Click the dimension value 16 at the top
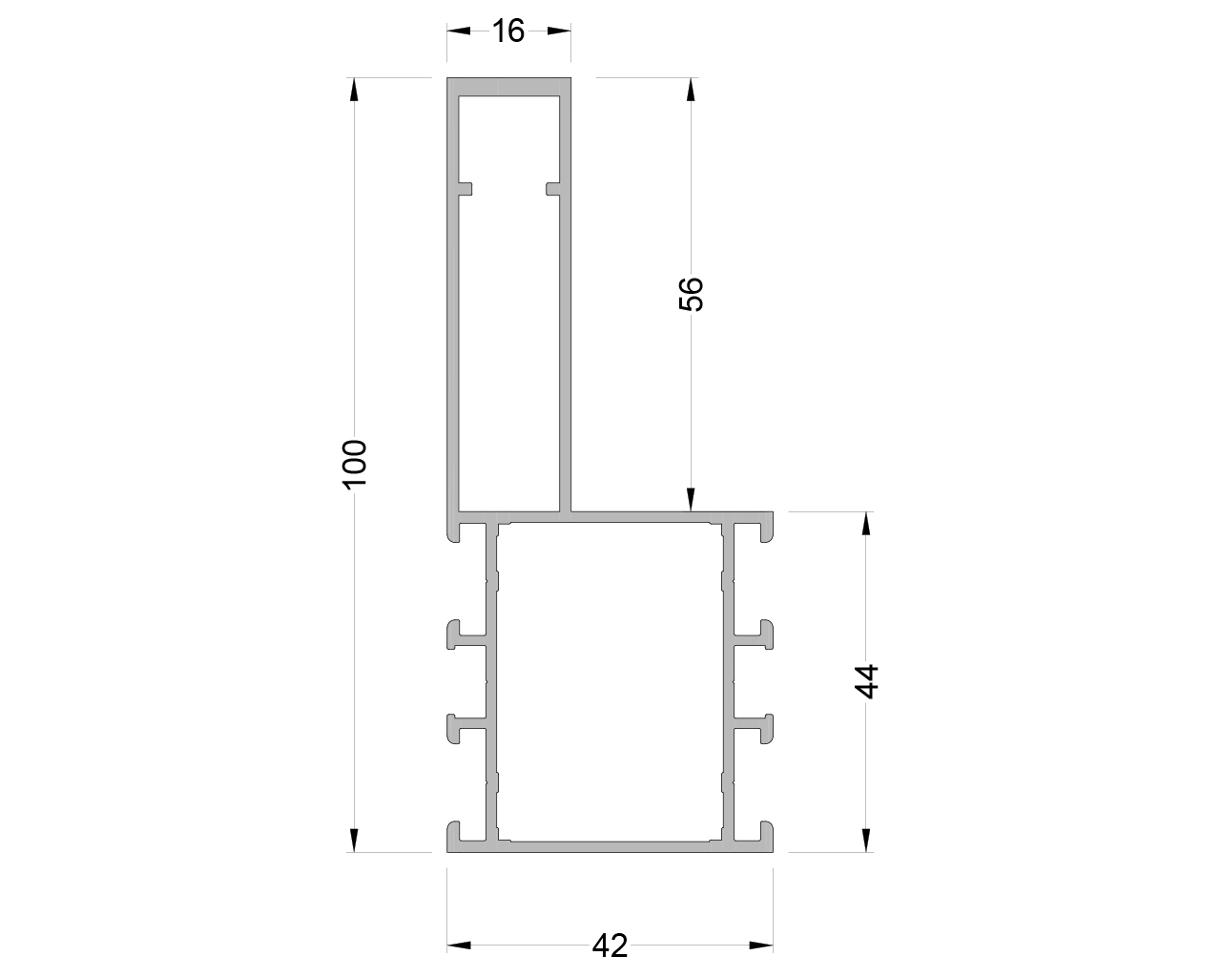(x=509, y=31)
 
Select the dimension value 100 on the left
(x=354, y=464)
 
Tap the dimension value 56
(x=691, y=294)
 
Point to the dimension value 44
(x=865, y=681)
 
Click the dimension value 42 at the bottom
(x=610, y=946)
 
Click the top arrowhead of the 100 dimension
(x=354, y=89)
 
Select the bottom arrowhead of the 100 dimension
(x=354, y=840)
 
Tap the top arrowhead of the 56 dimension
(x=691, y=89)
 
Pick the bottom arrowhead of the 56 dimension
(x=691, y=500)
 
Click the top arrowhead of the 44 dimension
(x=865, y=524)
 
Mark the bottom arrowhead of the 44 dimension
(x=865, y=840)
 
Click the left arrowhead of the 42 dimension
(x=459, y=946)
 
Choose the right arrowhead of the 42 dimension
(x=760, y=946)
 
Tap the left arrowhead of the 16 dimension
(x=459, y=31)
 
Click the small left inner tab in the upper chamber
(x=466, y=188)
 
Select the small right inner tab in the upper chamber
(x=552, y=188)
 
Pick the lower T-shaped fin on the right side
(x=759, y=728)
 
